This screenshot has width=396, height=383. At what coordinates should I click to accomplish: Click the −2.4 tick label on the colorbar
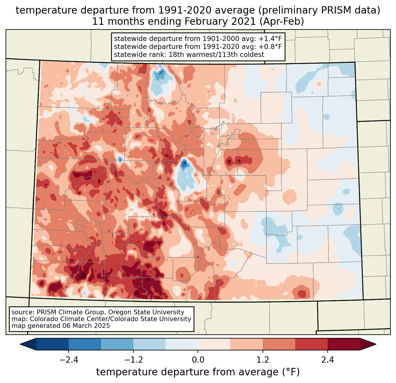coord(68,360)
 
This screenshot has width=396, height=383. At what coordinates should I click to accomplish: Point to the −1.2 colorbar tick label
coord(133,360)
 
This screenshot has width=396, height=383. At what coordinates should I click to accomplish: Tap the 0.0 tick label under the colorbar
coord(198,360)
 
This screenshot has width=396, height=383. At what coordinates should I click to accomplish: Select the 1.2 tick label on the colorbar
coord(263,360)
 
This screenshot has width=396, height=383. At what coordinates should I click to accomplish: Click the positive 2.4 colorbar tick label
coord(328,360)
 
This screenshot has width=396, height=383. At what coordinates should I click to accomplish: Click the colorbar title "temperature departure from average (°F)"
coord(198,372)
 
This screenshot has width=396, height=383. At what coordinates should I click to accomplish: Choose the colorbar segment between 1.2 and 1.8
coord(279,344)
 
